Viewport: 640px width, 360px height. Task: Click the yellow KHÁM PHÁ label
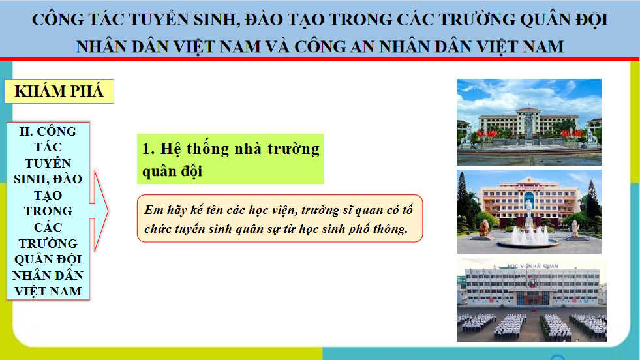click(x=59, y=91)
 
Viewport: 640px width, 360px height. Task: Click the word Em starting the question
click(x=153, y=210)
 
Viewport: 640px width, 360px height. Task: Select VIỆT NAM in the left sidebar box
click(x=48, y=291)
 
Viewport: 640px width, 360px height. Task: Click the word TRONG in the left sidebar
click(x=48, y=211)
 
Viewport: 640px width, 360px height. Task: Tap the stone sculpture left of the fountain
click(x=484, y=228)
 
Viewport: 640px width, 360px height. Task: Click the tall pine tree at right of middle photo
click(x=592, y=199)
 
